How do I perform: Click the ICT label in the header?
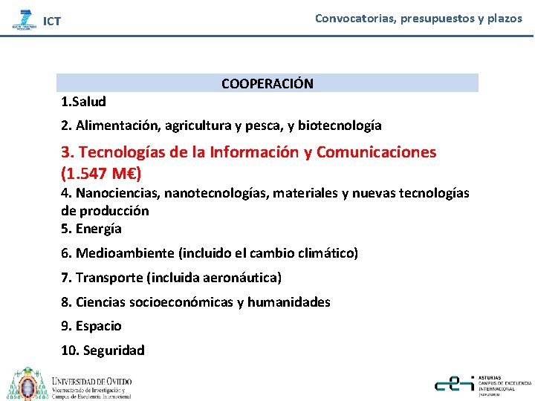click(52, 22)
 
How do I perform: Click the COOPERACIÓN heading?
click(267, 84)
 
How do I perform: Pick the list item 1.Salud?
click(83, 102)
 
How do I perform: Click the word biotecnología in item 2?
click(343, 125)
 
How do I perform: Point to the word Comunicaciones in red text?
click(377, 152)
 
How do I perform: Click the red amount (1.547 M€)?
click(101, 175)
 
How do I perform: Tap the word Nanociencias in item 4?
click(117, 193)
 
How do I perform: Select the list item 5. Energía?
click(91, 229)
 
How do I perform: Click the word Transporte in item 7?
click(109, 278)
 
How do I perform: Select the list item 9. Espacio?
click(91, 326)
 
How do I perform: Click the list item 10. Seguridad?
click(103, 351)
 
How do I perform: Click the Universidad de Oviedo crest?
click(27, 384)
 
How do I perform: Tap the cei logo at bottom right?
click(455, 383)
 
